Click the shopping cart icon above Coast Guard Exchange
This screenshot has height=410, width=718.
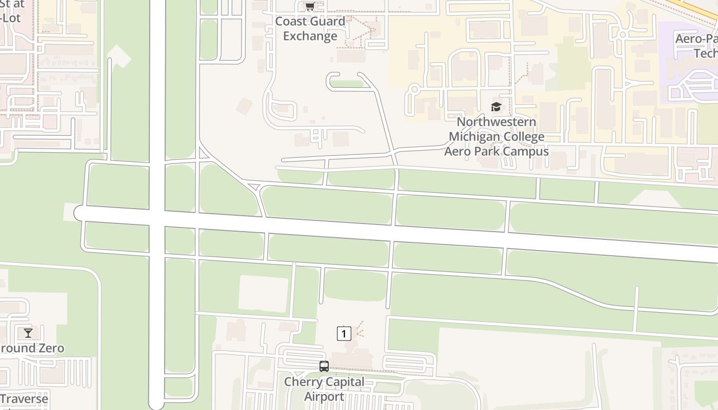coord(310,7)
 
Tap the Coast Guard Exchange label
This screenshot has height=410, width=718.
coord(310,29)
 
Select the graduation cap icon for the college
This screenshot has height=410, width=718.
coord(496,107)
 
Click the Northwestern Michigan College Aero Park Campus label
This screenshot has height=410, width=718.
coord(496,137)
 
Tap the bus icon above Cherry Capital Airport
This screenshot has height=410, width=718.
coord(324,366)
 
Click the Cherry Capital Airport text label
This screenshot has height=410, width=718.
coord(324,389)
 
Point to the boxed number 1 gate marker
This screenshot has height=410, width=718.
coord(344,334)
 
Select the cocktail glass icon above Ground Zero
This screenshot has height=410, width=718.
coord(28,333)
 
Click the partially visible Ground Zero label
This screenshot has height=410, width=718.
coord(32,348)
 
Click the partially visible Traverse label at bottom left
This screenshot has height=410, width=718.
coord(24,399)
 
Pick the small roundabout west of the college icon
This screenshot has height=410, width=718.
coord(413,90)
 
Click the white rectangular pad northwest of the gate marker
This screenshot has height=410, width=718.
coord(263,294)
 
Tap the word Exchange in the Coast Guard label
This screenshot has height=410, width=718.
coord(310,36)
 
